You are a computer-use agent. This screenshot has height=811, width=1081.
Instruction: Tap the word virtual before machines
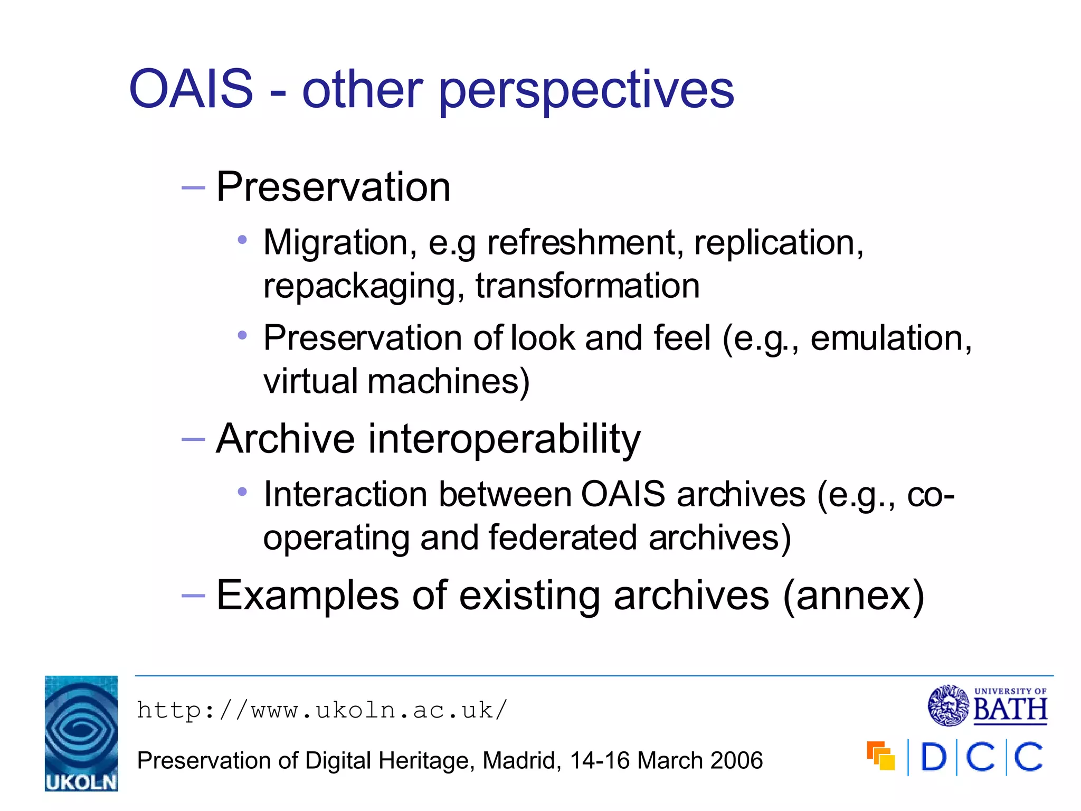(x=310, y=381)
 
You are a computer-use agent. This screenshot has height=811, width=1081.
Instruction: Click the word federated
(x=563, y=537)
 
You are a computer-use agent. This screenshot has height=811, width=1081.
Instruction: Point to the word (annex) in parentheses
(x=854, y=596)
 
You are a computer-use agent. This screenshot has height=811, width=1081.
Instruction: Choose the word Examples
(x=308, y=596)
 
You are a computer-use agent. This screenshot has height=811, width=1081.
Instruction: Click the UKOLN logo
(x=81, y=733)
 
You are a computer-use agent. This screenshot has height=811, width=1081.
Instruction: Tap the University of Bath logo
(x=987, y=705)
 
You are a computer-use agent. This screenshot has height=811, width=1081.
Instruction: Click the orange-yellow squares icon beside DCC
(x=880, y=756)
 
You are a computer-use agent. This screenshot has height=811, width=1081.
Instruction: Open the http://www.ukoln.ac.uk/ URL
(x=322, y=711)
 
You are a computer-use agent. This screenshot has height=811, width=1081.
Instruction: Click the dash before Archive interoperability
(x=193, y=439)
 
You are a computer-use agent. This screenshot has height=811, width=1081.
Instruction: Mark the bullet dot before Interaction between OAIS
(x=242, y=492)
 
